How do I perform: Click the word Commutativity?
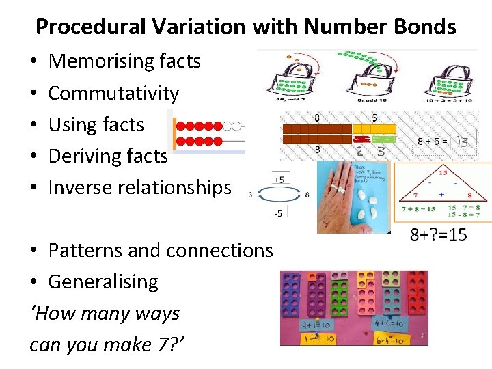[113, 93]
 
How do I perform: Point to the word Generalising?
[103, 282]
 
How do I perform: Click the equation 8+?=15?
[439, 235]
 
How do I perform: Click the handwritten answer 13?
[463, 141]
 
